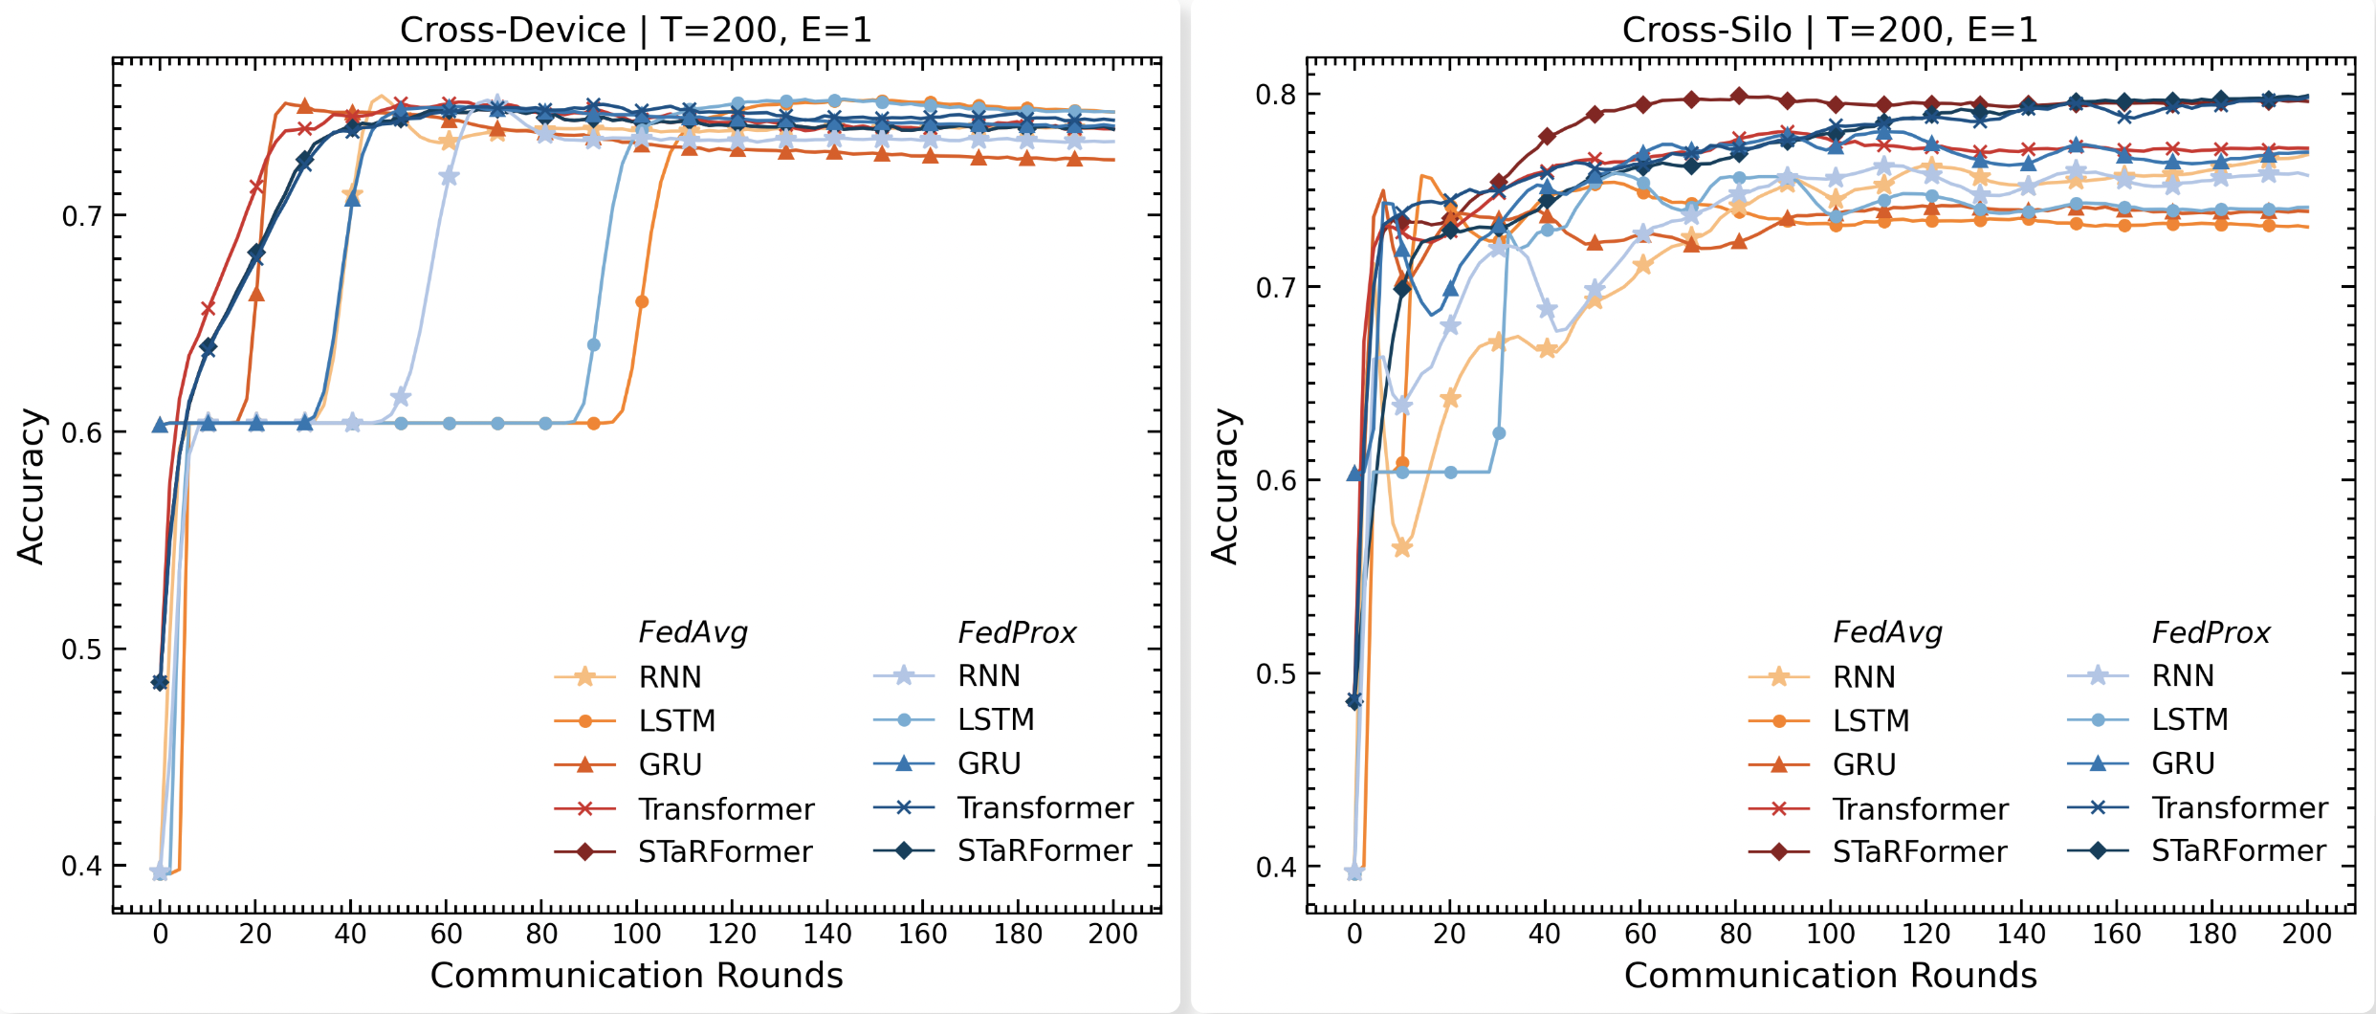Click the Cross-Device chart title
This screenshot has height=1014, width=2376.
click(x=635, y=31)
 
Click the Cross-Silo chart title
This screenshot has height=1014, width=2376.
click(x=1829, y=31)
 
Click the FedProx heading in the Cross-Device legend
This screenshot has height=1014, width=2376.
click(x=1017, y=632)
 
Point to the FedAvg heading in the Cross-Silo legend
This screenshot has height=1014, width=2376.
click(x=1887, y=632)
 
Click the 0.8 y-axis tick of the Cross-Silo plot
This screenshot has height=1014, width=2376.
click(x=1275, y=95)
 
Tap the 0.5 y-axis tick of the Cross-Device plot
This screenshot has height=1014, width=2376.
click(x=81, y=650)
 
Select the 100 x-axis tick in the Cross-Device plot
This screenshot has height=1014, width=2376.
click(x=636, y=934)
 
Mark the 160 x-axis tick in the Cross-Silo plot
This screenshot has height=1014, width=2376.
click(x=2116, y=934)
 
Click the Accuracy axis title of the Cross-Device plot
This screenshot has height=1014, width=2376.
click(x=31, y=486)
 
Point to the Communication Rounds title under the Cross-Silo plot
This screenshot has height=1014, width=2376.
click(x=1830, y=975)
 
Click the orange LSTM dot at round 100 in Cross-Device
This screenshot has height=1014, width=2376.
click(x=642, y=302)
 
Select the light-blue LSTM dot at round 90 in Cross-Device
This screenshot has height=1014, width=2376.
click(x=594, y=344)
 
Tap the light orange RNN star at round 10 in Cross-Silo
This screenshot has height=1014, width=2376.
click(x=1402, y=548)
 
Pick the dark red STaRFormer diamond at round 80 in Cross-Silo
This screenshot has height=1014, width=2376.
click(x=1738, y=96)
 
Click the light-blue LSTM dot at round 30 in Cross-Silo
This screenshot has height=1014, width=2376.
click(x=1499, y=433)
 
